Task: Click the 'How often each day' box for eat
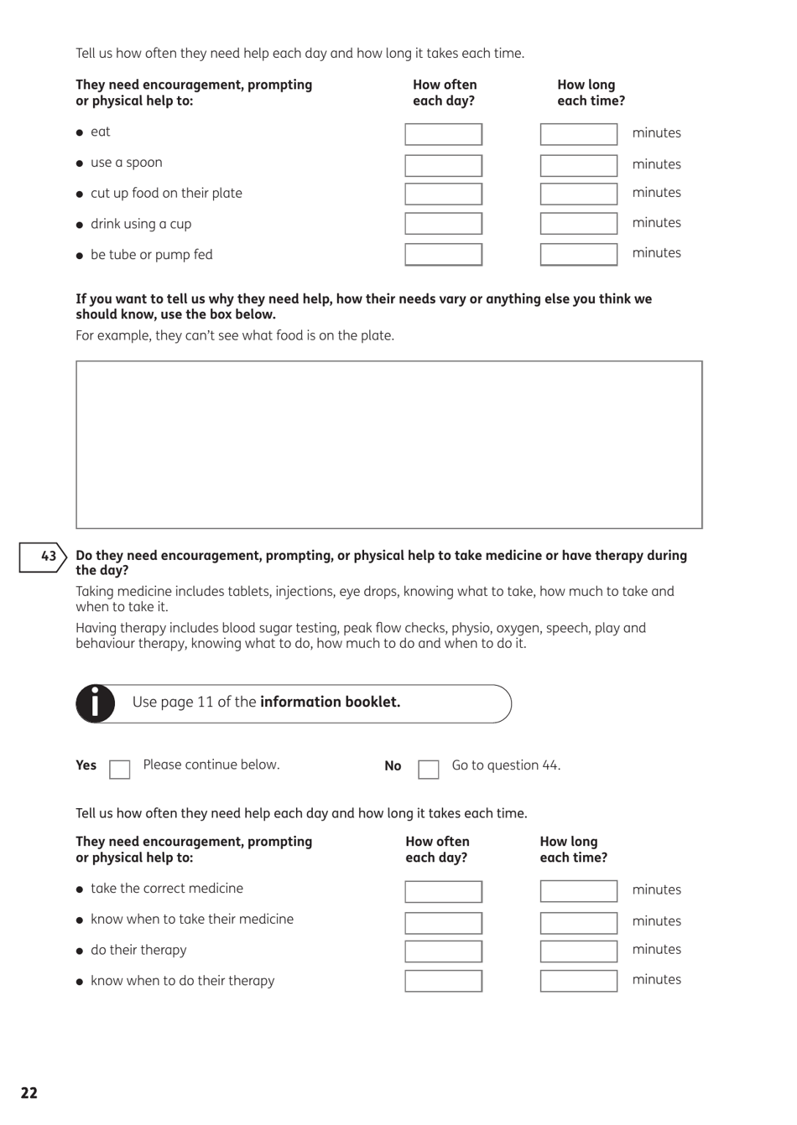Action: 443,134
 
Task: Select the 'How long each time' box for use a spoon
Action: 578,165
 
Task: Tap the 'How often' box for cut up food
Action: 443,194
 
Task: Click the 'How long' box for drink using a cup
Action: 578,223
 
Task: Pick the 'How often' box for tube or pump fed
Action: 443,254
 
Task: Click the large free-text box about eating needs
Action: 388,444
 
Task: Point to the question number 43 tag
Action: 43,557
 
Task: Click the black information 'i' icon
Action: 96,703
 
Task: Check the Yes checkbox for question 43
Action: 120,769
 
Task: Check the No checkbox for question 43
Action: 428,769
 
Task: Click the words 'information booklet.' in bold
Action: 330,702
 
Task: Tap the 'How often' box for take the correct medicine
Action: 443,891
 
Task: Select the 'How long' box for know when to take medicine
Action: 578,922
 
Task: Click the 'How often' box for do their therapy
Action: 443,951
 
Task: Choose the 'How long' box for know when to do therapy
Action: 578,981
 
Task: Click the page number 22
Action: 29,1093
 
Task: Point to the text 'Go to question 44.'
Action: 506,765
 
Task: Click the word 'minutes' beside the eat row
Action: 656,133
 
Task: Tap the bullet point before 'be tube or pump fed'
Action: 80,256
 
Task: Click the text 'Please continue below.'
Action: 211,765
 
